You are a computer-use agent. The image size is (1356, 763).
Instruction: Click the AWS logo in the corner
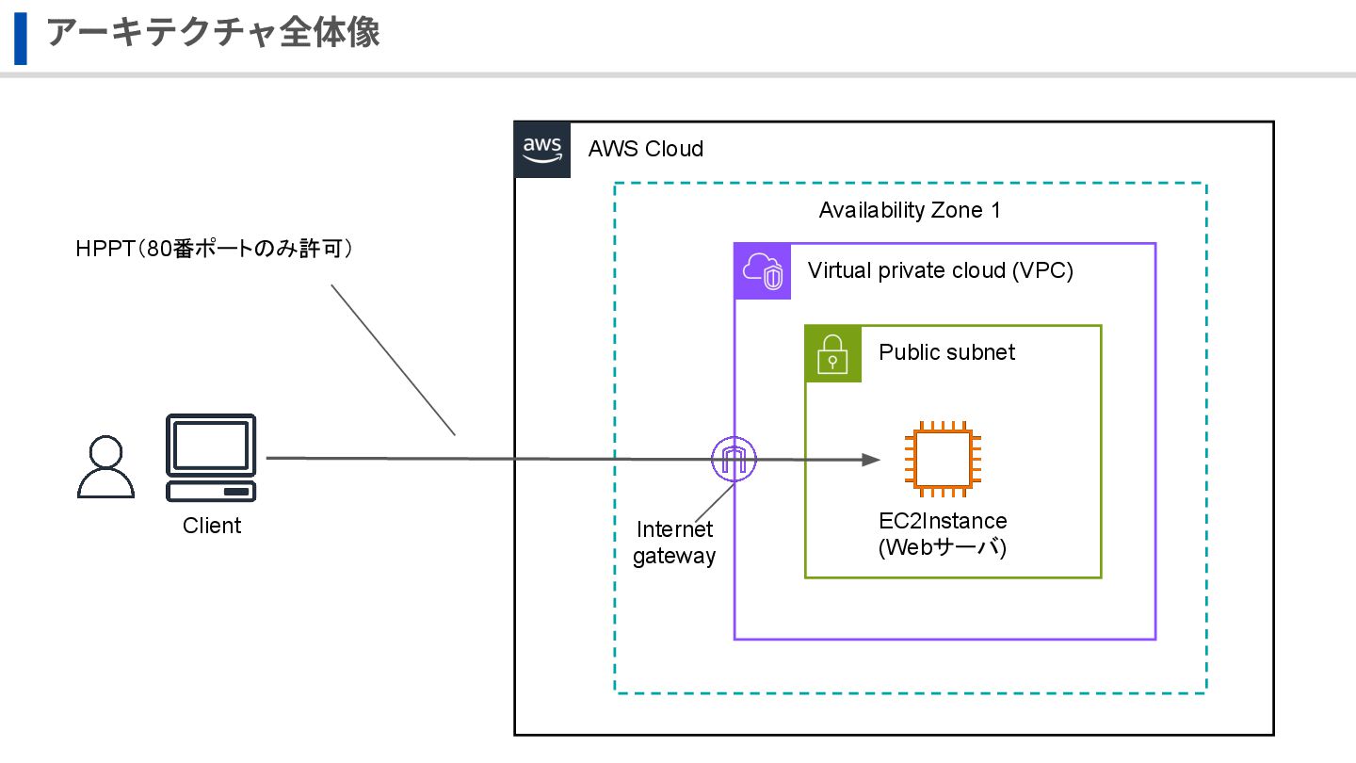click(x=542, y=149)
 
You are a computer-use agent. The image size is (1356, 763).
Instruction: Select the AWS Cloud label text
click(x=645, y=149)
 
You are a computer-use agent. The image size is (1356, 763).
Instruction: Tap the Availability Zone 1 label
click(x=909, y=210)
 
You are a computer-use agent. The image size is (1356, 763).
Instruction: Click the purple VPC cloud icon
click(x=763, y=271)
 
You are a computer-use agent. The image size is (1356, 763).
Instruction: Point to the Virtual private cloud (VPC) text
click(x=940, y=271)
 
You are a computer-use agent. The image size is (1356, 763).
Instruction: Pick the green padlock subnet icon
click(x=833, y=354)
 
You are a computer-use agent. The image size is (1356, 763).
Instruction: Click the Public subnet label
click(x=946, y=352)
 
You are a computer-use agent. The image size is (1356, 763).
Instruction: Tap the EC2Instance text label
click(x=943, y=521)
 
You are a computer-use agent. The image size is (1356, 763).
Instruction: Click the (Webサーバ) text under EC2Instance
click(x=943, y=547)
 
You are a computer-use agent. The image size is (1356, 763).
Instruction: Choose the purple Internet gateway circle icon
click(x=734, y=459)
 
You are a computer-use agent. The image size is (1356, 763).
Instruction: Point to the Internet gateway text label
click(x=674, y=543)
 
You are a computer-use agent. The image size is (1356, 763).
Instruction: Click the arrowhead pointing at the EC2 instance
click(x=871, y=460)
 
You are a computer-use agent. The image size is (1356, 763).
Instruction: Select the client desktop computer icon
click(x=211, y=457)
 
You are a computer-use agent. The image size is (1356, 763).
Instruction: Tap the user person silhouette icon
click(x=105, y=466)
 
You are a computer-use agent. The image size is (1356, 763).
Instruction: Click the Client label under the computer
click(x=212, y=526)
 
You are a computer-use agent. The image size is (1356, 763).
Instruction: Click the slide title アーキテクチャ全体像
click(x=213, y=32)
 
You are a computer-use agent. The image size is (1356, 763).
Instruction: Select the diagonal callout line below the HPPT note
click(x=393, y=359)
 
